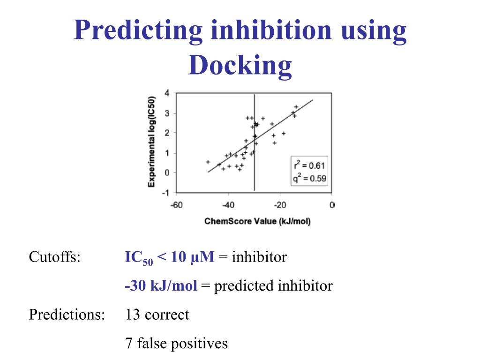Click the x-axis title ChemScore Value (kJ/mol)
tap(257, 221)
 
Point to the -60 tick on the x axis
tap(176, 205)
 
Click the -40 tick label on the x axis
tap(228, 205)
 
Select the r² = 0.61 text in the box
tap(309, 165)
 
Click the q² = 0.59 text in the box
tap(309, 178)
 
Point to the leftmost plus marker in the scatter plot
tap(208, 162)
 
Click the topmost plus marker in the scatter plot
tap(296, 107)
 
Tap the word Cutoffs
tap(54, 257)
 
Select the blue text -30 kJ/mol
tap(161, 286)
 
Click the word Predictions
tap(67, 315)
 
